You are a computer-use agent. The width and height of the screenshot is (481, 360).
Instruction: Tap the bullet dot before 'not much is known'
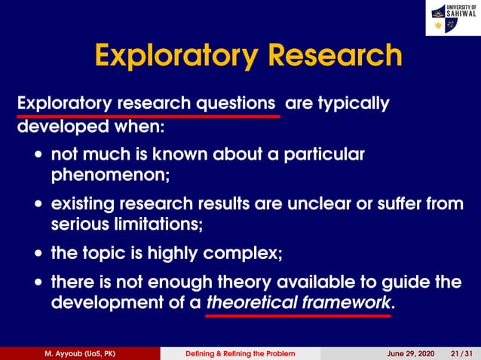38,157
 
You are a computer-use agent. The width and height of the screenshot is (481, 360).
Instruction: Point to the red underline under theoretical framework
299,316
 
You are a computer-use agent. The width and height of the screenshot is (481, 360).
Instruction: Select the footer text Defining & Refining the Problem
240,353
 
